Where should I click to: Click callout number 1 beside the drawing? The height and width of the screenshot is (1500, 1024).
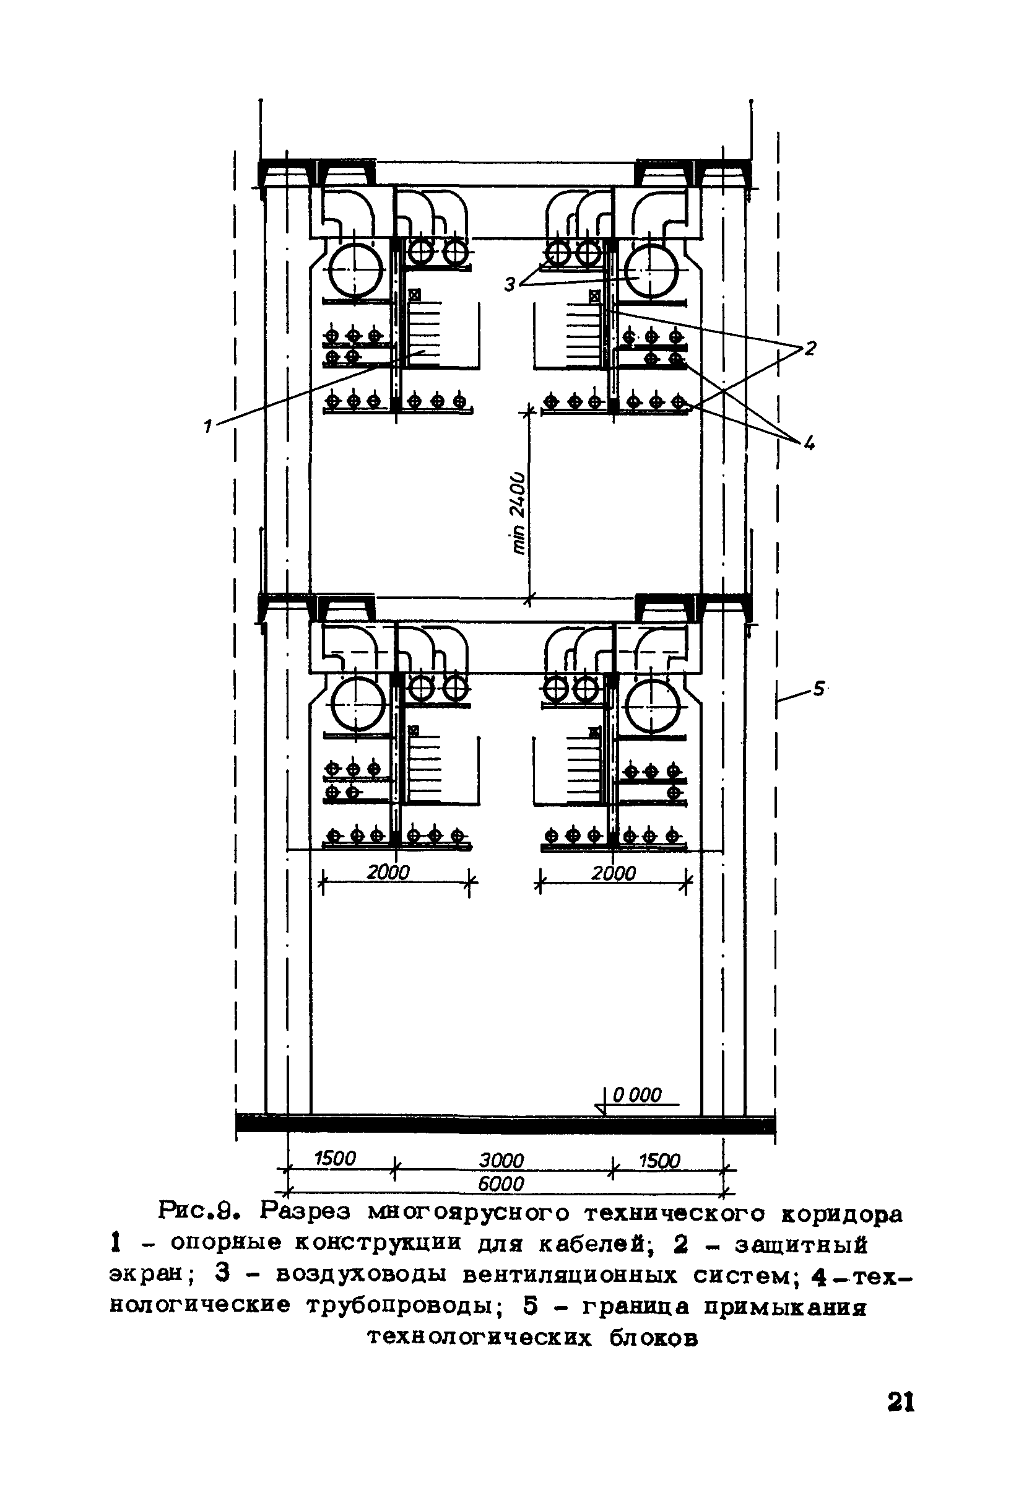coord(208,425)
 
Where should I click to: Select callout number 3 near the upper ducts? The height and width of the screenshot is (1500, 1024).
coord(510,284)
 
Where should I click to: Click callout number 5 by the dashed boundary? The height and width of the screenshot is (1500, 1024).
coord(818,689)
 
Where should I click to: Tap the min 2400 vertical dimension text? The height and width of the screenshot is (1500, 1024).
coord(518,513)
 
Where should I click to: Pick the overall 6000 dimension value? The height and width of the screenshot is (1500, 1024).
coord(501,1184)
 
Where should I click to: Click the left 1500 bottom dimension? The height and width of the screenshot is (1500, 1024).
coord(335,1159)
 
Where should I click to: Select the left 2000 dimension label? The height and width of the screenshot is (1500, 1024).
coord(388,873)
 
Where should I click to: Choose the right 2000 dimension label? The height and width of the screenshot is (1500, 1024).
coord(614,873)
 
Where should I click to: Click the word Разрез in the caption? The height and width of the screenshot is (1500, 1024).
coord(306,1214)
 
